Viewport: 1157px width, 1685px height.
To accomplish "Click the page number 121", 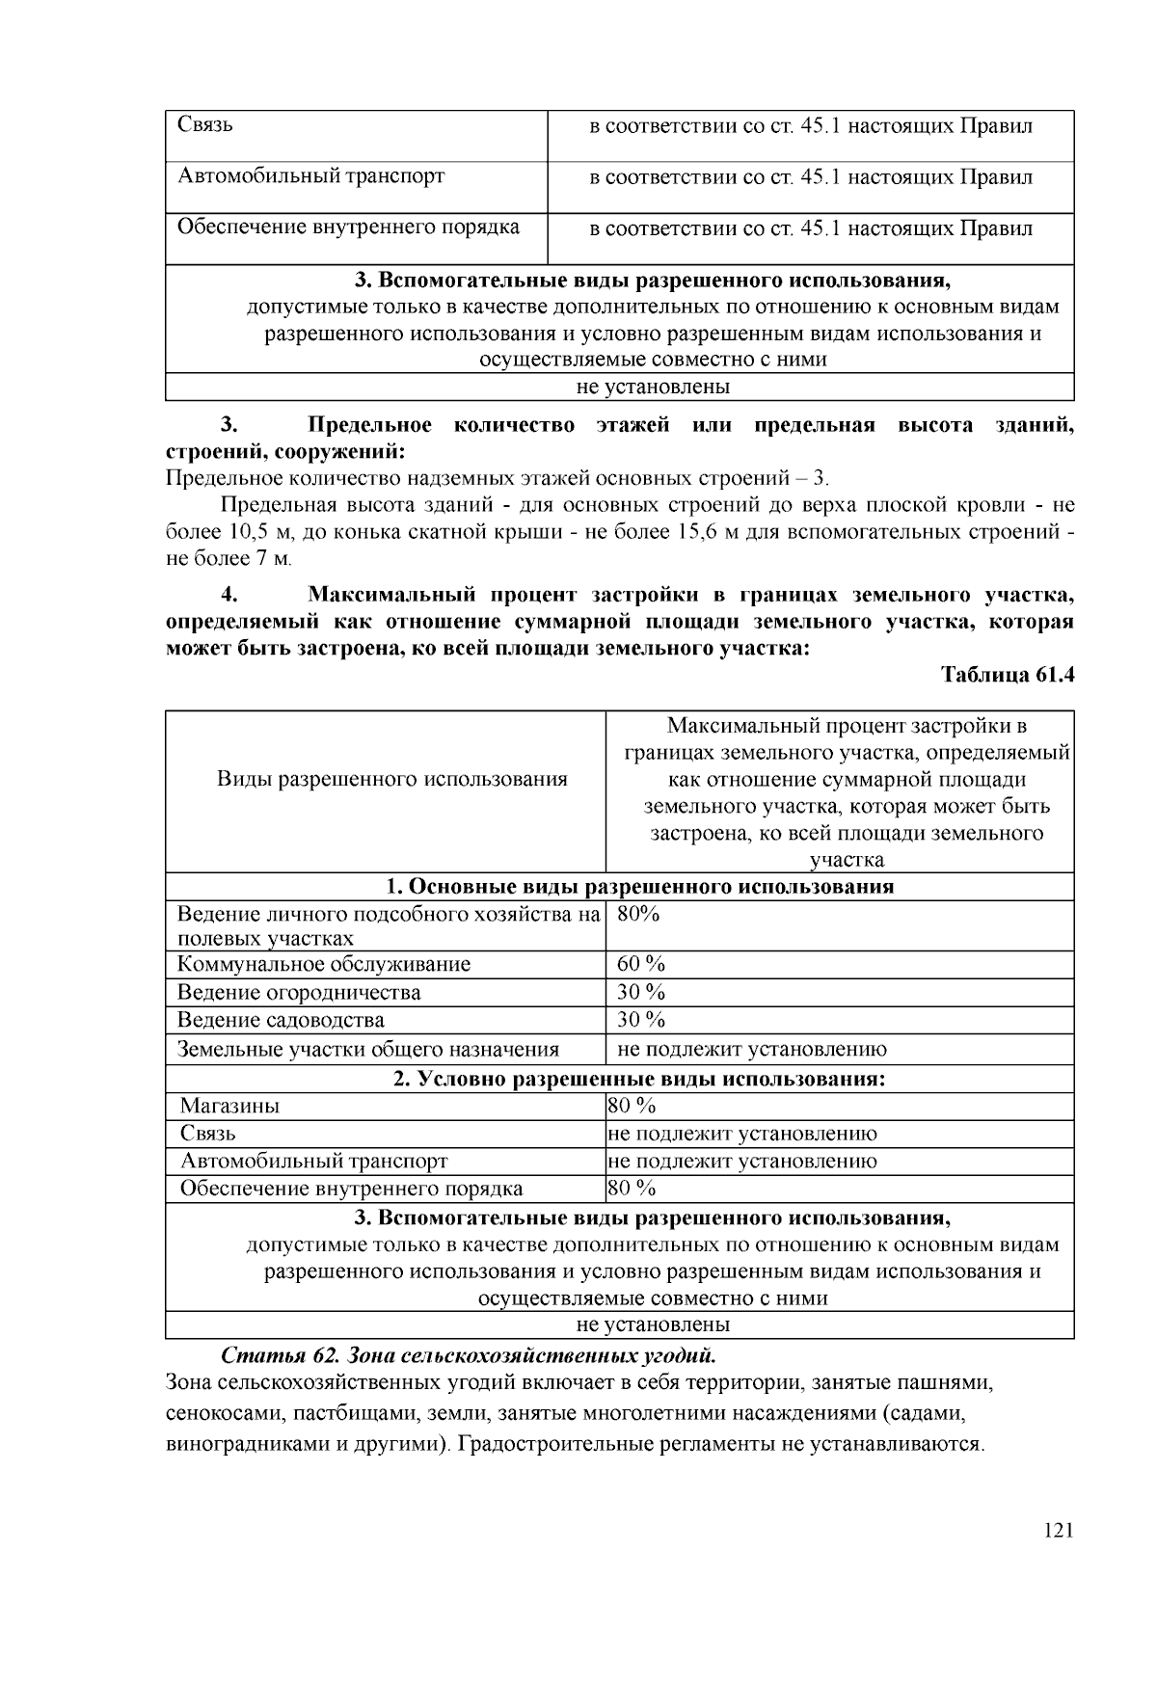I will pyautogui.click(x=1058, y=1531).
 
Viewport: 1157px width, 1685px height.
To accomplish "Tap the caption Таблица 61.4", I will pyautogui.click(x=1008, y=675).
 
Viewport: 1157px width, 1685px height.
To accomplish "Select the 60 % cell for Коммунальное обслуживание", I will pyautogui.click(x=641, y=964).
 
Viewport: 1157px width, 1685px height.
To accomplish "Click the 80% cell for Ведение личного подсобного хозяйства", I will pyautogui.click(x=638, y=914).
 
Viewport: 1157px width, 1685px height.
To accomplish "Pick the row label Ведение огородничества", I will pyautogui.click(x=299, y=992).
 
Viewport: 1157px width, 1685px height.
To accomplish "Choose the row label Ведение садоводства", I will pyautogui.click(x=281, y=1020).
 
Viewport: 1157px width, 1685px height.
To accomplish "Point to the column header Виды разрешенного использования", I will pyautogui.click(x=391, y=779).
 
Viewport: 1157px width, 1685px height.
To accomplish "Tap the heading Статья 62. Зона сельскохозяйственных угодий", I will pyautogui.click(x=469, y=1354).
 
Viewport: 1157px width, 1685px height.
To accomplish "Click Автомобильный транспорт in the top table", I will pyautogui.click(x=311, y=176).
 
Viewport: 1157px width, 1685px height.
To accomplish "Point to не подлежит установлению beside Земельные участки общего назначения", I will pyautogui.click(x=752, y=1049).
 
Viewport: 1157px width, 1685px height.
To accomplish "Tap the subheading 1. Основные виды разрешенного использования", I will pyautogui.click(x=639, y=887).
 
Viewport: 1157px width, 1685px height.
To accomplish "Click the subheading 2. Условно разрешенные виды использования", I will pyautogui.click(x=639, y=1079).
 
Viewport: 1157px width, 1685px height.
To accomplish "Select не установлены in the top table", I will pyautogui.click(x=653, y=388).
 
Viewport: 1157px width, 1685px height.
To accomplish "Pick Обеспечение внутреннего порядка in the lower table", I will pyautogui.click(x=352, y=1189).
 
